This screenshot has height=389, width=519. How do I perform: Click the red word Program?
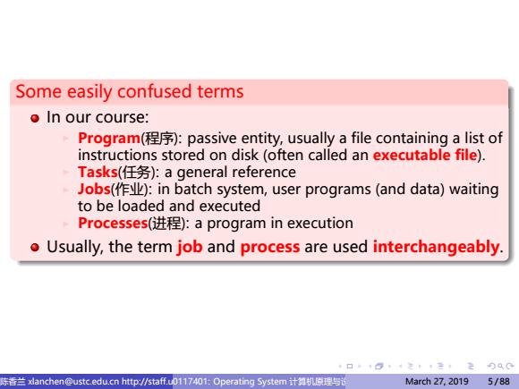109,139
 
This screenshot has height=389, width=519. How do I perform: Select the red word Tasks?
98,172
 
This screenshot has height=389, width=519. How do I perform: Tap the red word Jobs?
94,190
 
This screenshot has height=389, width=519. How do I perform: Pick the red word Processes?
113,224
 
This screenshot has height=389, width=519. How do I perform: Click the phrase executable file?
425,155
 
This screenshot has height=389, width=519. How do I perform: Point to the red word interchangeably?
436,247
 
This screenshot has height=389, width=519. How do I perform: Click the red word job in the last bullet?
190,248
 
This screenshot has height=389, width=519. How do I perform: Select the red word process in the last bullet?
270,248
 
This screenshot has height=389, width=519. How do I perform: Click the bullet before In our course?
35,118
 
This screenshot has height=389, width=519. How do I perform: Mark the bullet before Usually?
35,248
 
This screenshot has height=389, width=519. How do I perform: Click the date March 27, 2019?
437,382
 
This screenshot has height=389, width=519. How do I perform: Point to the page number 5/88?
498,382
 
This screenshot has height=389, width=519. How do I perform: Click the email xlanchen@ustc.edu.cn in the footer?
73,382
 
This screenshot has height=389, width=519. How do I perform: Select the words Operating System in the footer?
250,382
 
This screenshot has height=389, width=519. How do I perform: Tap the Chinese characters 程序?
159,139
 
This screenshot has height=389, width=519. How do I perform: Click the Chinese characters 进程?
166,224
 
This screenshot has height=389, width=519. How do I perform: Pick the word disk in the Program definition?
245,155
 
